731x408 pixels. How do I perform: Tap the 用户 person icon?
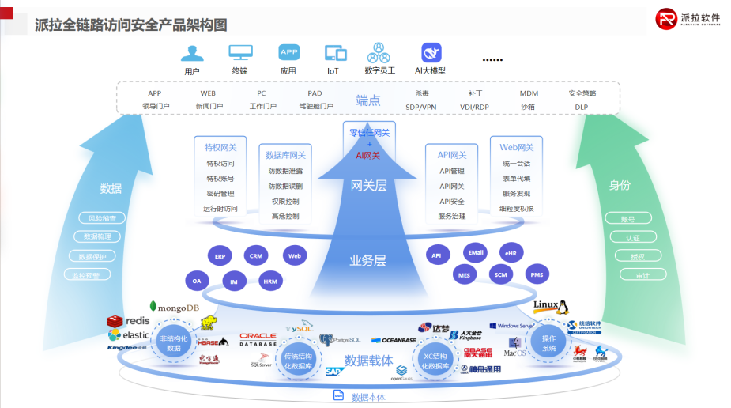pos(192,53)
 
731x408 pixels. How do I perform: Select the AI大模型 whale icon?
pos(431,53)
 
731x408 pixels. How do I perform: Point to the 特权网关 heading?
pos(220,147)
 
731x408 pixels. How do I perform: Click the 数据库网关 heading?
pos(285,155)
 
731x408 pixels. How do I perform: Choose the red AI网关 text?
pos(368,155)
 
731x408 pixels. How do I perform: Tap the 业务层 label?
pos(368,260)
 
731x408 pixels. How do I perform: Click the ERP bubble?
pos(220,257)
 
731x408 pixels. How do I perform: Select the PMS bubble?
pos(537,275)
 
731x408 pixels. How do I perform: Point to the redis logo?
pos(128,321)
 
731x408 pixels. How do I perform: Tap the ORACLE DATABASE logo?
pos(258,339)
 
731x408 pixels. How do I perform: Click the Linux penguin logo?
pos(551,307)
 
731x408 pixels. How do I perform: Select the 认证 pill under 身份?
pos(632,237)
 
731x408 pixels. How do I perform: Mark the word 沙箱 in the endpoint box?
pos(527,107)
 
